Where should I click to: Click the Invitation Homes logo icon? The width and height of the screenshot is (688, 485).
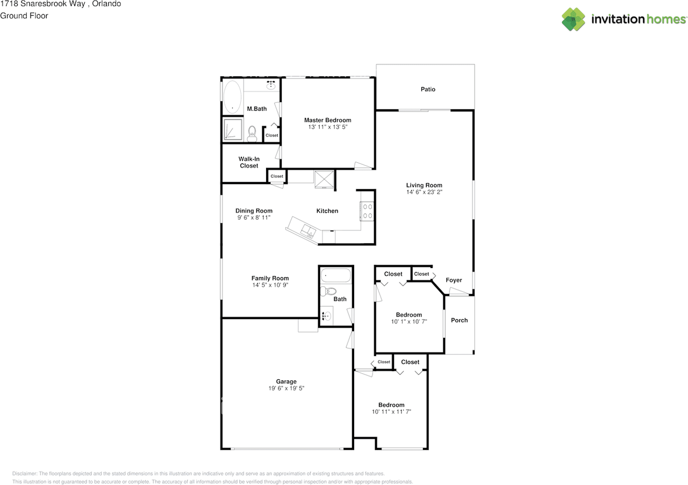point(574,19)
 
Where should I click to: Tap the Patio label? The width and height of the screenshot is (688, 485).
point(428,90)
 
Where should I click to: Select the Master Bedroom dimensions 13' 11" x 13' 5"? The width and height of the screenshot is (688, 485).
point(327,127)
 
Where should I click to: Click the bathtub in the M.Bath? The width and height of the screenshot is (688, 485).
point(232,97)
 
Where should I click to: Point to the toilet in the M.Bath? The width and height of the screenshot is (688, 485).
point(252,133)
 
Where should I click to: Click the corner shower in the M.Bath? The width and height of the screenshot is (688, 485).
point(233,130)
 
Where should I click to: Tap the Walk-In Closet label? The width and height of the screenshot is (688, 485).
point(249,162)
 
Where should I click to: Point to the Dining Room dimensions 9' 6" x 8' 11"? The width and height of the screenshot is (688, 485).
point(254,218)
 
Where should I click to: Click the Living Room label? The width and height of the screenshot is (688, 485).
point(424,185)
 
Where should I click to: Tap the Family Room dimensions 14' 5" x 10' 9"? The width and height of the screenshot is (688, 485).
point(270,285)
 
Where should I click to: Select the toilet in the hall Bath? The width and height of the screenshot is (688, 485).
point(326,292)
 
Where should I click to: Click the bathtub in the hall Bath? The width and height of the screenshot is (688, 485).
point(336,277)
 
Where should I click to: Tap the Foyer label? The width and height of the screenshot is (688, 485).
point(454,280)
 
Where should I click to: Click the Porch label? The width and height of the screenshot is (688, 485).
point(459,320)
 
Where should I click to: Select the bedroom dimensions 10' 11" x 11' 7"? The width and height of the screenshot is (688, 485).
point(391,412)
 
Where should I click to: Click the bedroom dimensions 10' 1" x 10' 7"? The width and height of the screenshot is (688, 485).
point(408,322)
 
